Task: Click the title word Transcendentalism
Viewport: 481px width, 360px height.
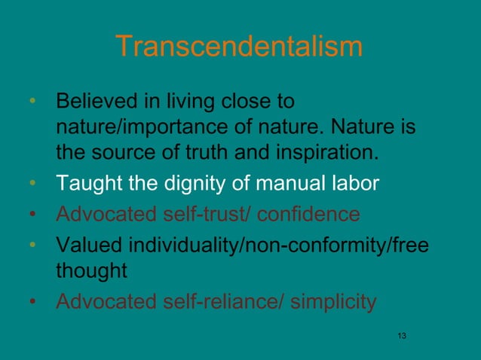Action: point(240,47)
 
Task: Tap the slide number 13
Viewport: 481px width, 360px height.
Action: point(401,334)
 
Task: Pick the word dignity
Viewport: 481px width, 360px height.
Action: point(188,182)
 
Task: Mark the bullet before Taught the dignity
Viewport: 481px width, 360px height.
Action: point(32,182)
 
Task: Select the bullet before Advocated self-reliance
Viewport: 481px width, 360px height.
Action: point(32,303)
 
